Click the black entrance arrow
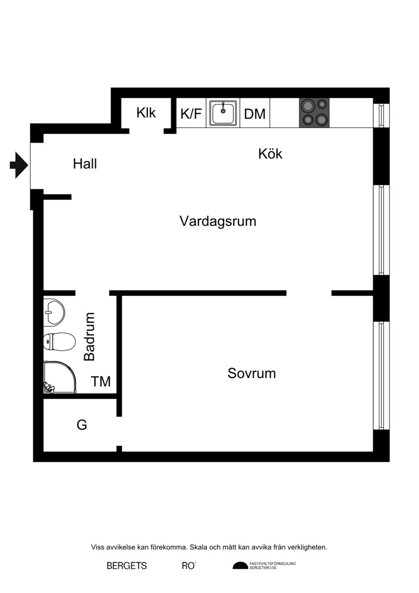coord(19,165)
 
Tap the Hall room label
coord(85,164)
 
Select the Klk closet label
coord(146,112)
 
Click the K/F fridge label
coord(191,113)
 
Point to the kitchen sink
coord(223,113)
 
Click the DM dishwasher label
coord(255,114)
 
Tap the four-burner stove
coord(314,113)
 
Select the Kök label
coord(270,154)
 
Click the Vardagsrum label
coord(218,221)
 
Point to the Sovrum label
coord(251,373)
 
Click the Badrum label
coord(90,337)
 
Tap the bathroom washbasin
coord(54,312)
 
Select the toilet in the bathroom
coord(59,342)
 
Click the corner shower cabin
coord(60,377)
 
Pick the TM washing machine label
coord(101,382)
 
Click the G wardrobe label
coord(82,425)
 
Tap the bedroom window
coord(381,375)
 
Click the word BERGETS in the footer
coord(127,566)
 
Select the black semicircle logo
coord(240,566)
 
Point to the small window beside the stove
coord(381,115)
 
